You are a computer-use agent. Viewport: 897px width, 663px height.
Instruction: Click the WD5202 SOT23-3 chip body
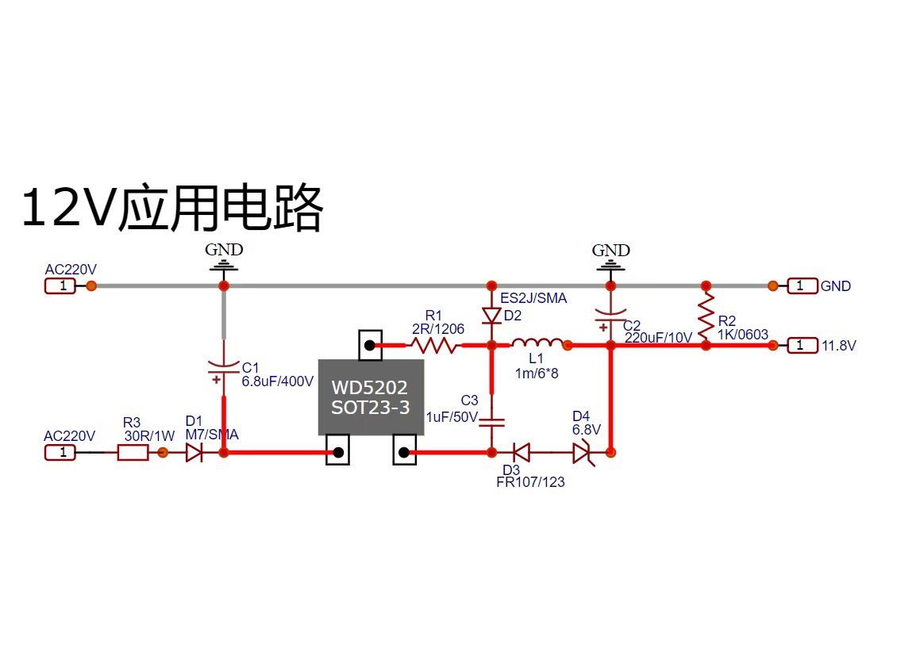[x=371, y=397]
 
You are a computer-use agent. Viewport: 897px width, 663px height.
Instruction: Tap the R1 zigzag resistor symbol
[x=434, y=345]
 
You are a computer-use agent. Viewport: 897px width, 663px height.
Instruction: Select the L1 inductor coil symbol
[x=537, y=343]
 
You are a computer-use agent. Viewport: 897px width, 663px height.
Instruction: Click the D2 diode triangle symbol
[x=491, y=316]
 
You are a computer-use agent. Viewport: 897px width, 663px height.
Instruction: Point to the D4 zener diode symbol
[x=583, y=454]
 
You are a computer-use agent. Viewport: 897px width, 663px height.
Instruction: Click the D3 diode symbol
[x=522, y=453]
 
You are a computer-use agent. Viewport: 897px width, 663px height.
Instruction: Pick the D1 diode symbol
[x=194, y=453]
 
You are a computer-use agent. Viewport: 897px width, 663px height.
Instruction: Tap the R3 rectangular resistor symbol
[x=133, y=453]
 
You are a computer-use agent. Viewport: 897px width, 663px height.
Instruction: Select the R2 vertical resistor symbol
[x=706, y=316]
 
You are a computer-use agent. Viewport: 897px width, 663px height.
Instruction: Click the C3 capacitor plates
[x=491, y=423]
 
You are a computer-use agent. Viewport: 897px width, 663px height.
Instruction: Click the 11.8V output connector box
[x=802, y=345]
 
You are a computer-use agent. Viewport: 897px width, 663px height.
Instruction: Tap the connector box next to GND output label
[x=802, y=286]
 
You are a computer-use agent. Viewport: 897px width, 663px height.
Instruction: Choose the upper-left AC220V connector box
[x=60, y=286]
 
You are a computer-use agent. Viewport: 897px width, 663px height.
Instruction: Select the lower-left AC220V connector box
[x=60, y=453]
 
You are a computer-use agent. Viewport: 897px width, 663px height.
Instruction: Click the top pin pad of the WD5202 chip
[x=370, y=345]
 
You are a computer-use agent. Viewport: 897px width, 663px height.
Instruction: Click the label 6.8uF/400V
[x=278, y=381]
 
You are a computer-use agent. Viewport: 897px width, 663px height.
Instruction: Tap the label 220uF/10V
[x=658, y=338]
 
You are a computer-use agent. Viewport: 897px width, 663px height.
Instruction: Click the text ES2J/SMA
[x=533, y=297]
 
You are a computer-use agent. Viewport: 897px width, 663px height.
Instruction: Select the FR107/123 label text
[x=530, y=482]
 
